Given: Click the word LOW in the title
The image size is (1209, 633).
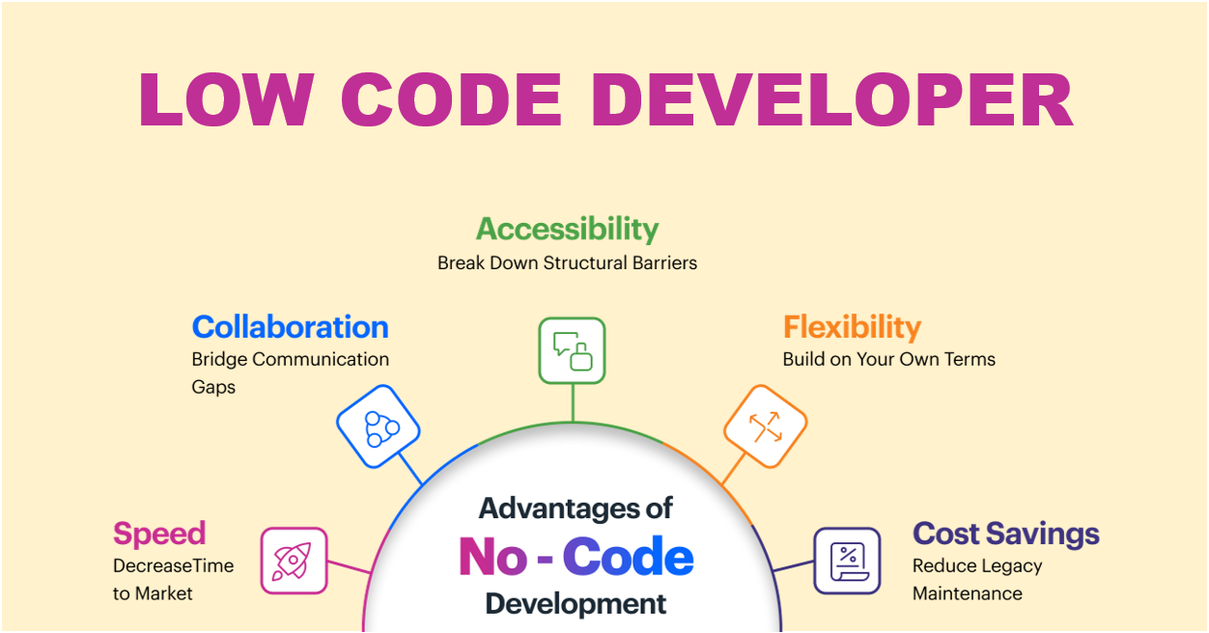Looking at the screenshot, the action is (x=227, y=99).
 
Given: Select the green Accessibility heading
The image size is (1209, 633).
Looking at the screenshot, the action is (x=567, y=229).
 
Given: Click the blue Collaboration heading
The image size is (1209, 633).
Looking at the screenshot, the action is (x=291, y=327).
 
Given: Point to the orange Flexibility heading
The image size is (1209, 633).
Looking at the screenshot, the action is (x=853, y=327).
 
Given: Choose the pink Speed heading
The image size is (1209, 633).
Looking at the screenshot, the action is (x=159, y=535).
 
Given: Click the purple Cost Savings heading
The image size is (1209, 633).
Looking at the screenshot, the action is (x=1006, y=534).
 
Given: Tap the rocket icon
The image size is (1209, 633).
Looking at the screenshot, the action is (x=295, y=561).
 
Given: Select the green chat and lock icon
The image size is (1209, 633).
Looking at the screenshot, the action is (x=572, y=350).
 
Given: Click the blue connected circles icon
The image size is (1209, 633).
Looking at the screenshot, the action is (x=379, y=426).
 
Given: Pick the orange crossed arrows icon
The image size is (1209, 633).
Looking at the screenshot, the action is (x=766, y=426).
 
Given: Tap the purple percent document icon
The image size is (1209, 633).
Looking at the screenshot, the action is (x=848, y=561).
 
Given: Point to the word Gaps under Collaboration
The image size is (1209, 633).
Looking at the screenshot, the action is (x=213, y=388).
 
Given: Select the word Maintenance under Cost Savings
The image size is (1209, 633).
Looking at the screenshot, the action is (x=968, y=593).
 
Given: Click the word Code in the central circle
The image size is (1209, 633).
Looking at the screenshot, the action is (x=629, y=557).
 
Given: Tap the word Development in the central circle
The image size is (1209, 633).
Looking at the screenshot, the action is (x=576, y=604).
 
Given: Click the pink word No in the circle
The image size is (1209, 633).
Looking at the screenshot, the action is (x=492, y=557).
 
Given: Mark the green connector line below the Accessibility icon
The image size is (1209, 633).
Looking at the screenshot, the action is (x=573, y=402).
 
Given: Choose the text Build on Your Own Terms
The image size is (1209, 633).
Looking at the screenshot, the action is (x=889, y=359).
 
